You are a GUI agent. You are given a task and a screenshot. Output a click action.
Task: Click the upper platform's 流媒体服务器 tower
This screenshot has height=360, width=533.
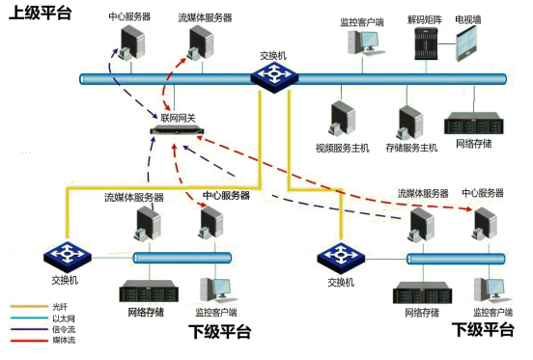coord(200,43)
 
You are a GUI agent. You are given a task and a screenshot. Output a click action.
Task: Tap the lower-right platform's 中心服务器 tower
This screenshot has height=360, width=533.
coord(480,222)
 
